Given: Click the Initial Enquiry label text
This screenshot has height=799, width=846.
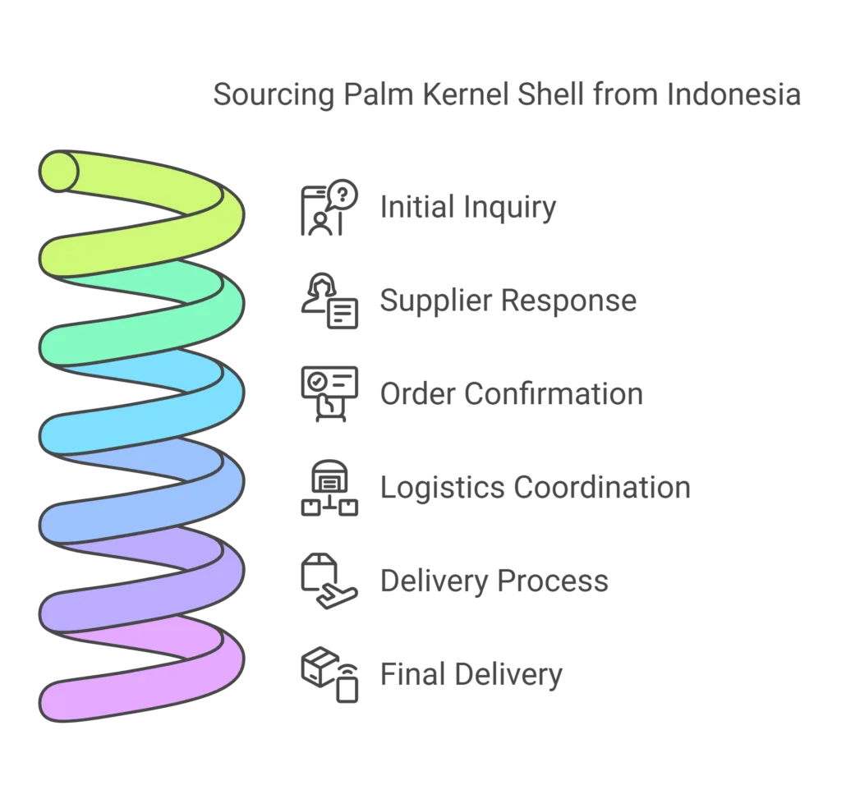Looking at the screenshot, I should click(x=467, y=208).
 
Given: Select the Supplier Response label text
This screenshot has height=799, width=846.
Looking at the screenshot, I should click(x=507, y=301).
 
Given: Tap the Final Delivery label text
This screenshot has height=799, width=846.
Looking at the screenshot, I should click(x=472, y=674).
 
